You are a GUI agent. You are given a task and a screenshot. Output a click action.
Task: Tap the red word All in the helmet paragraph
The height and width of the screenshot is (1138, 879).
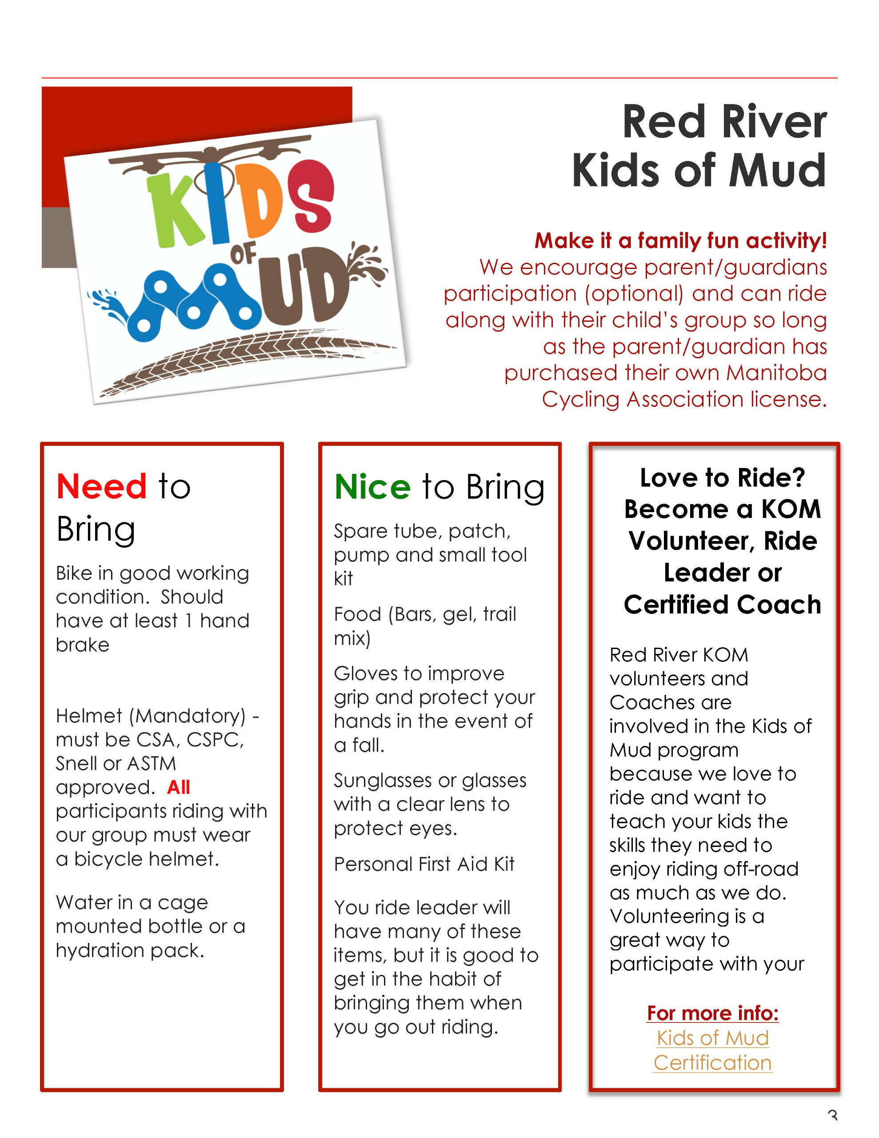click(x=178, y=787)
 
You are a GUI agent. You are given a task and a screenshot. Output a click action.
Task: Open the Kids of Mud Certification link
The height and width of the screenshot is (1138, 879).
click(x=712, y=1050)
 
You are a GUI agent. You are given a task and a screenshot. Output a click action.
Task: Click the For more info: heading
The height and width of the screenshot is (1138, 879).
click(x=712, y=1013)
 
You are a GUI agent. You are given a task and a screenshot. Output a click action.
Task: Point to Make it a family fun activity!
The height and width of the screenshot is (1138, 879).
click(x=680, y=241)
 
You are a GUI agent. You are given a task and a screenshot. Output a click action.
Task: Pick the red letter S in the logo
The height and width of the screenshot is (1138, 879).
click(x=311, y=194)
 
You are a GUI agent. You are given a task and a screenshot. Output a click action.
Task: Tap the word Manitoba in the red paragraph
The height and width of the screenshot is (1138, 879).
click(x=776, y=373)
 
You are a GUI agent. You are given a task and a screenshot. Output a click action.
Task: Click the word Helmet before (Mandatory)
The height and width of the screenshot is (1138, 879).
click(x=88, y=716)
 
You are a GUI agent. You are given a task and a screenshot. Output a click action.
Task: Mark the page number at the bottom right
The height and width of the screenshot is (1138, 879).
click(x=832, y=1131)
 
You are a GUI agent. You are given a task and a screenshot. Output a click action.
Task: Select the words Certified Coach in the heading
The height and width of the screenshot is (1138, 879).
click(x=722, y=605)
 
